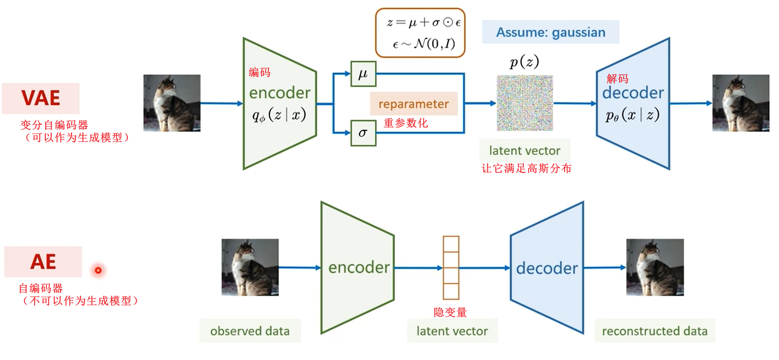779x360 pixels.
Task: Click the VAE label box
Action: pyautogui.click(x=40, y=98)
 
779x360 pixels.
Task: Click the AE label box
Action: pyautogui.click(x=43, y=262)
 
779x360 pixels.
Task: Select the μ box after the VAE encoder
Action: pyautogui.click(x=363, y=74)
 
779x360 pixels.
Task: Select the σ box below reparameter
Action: pyautogui.click(x=363, y=133)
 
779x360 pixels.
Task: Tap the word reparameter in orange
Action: pyautogui.click(x=414, y=104)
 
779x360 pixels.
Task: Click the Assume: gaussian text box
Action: pyautogui.click(x=550, y=32)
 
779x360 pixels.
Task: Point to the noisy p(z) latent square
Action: pyautogui.click(x=525, y=103)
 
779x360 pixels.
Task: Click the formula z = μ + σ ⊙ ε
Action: pyautogui.click(x=423, y=23)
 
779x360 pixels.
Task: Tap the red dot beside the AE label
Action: pyautogui.click(x=98, y=270)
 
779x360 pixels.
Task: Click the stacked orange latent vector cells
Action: pyautogui.click(x=451, y=268)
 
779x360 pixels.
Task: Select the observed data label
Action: pyautogui.click(x=250, y=331)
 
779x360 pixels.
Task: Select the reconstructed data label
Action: pyautogui.click(x=655, y=331)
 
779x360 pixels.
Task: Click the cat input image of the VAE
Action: pyautogui.click(x=172, y=103)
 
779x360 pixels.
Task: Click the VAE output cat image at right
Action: pyautogui.click(x=741, y=103)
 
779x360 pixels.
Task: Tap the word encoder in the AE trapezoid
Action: pyautogui.click(x=359, y=268)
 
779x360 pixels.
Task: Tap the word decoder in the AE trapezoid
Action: pyautogui.click(x=547, y=269)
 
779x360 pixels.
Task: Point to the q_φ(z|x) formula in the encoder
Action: pyautogui.click(x=279, y=116)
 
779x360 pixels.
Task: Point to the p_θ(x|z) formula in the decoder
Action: pyautogui.click(x=632, y=116)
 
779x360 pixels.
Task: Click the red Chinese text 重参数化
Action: pyautogui.click(x=406, y=123)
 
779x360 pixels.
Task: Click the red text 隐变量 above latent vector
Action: pyautogui.click(x=450, y=312)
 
